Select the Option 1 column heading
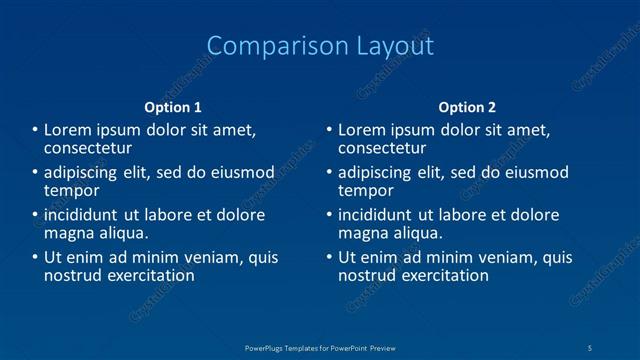click(x=173, y=107)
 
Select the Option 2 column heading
click(x=467, y=107)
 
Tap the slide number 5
click(x=590, y=347)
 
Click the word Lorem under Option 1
click(x=68, y=130)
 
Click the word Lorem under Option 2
click(x=362, y=130)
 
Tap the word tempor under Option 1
click(x=71, y=190)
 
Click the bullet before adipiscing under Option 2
click(x=329, y=173)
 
